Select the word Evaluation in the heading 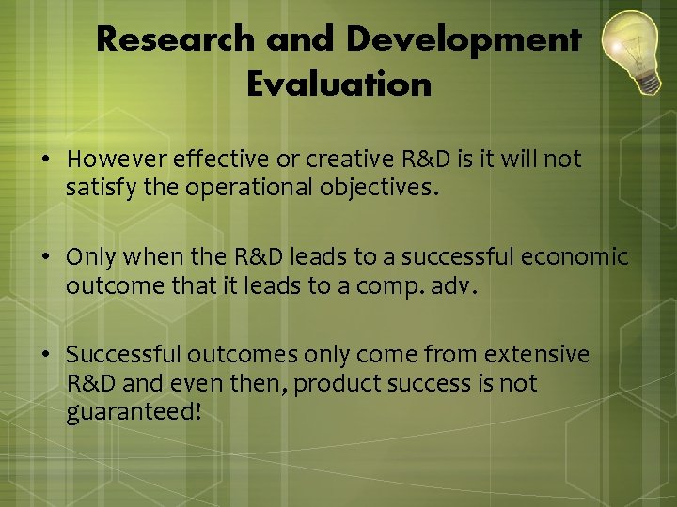[x=338, y=85]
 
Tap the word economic [x=582, y=256]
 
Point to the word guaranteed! [x=134, y=412]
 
